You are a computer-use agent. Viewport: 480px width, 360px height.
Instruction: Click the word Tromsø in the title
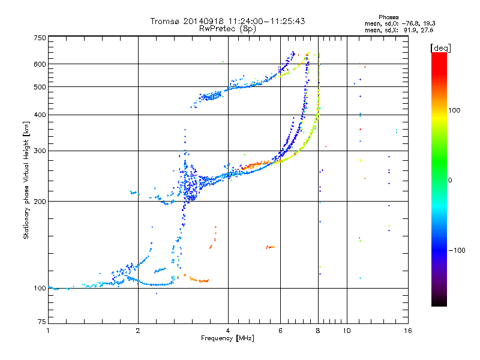point(165,21)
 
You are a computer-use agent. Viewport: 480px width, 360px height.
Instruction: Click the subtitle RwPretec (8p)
point(227,29)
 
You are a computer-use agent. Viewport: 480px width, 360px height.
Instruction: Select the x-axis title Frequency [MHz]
point(227,338)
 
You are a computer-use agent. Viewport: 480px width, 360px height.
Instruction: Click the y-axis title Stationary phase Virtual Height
point(26,181)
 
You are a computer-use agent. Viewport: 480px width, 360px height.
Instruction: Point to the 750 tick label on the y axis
point(40,38)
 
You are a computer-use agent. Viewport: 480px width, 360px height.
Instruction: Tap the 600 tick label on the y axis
point(40,64)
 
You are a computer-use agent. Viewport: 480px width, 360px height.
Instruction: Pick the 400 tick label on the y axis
point(40,115)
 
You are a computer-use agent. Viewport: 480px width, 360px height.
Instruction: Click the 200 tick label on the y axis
point(40,202)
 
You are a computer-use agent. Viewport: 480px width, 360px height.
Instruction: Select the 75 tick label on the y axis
point(42,322)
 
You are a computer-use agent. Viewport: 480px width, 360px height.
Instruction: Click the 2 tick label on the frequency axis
point(138,331)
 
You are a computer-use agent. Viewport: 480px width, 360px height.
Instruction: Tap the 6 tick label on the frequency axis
point(280,331)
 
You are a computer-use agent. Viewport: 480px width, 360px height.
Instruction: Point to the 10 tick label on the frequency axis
point(347,331)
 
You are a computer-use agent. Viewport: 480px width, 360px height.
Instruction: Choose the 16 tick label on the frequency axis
point(408,331)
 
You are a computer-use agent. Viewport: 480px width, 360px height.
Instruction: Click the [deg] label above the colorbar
point(440,49)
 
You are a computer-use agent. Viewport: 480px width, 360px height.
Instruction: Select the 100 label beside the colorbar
point(454,110)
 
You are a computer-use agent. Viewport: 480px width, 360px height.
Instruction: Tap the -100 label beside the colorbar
point(457,250)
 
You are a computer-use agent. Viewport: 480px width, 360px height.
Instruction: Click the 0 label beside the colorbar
point(450,181)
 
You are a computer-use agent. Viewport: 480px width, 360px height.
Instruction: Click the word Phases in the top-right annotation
point(388,17)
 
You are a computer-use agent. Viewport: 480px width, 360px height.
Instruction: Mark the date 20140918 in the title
point(203,21)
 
